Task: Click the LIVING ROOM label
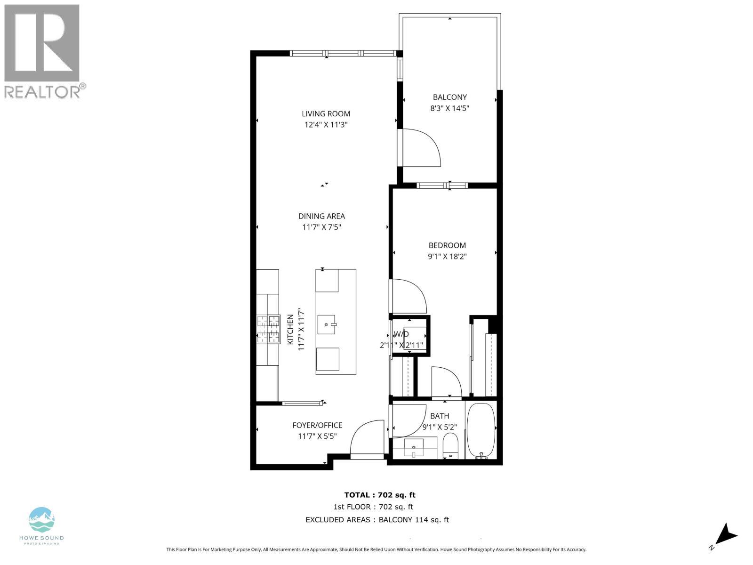tap(326, 113)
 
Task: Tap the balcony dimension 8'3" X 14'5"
tap(450, 108)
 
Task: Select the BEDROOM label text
tap(447, 245)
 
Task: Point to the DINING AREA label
tap(321, 216)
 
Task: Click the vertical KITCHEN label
tap(290, 329)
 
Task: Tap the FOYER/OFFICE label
tap(317, 425)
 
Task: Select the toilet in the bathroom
tap(450, 446)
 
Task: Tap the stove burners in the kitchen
tap(268, 329)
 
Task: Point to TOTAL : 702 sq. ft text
tap(380, 495)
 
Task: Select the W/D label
tap(401, 334)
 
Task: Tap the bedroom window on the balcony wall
tap(442, 185)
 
